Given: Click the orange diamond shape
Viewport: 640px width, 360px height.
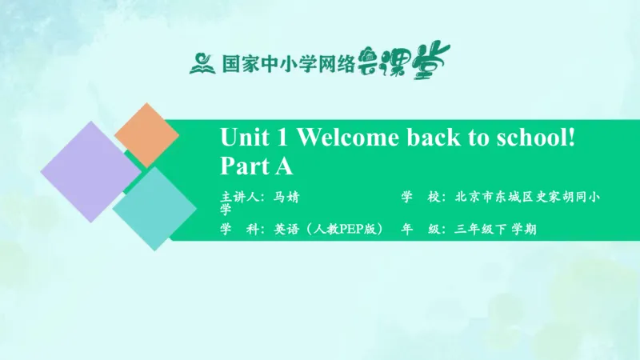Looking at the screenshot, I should pos(146,134).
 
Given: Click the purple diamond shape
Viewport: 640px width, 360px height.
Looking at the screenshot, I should pos(90,170).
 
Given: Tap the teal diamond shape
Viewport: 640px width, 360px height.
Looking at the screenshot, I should pos(154,208).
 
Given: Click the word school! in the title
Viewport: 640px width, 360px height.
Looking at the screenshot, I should pos(541,138).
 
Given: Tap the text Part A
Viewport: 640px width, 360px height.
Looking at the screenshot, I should pos(257,166).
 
